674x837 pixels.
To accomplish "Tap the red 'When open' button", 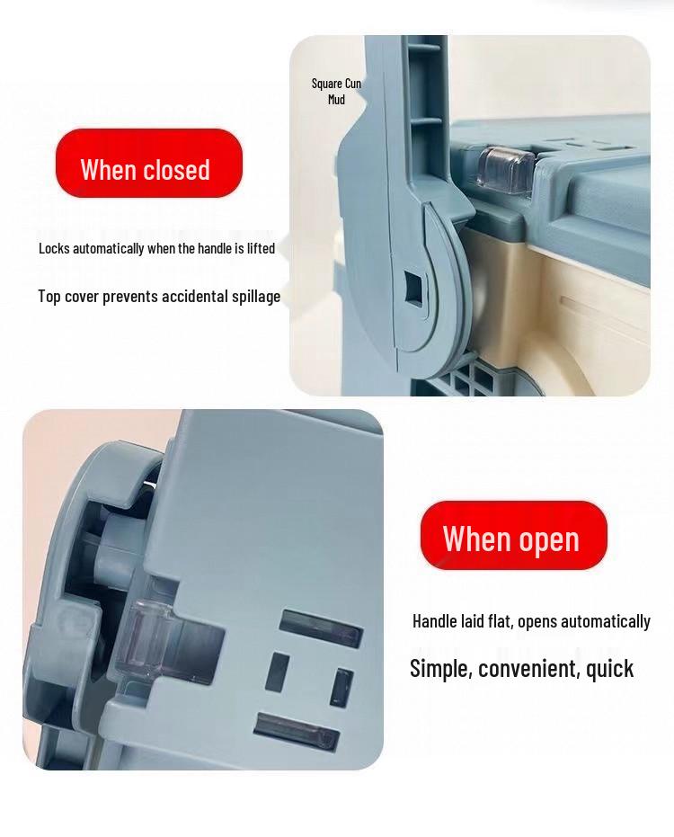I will pyautogui.click(x=513, y=536).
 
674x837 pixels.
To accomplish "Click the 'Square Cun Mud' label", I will pyautogui.click(x=336, y=91).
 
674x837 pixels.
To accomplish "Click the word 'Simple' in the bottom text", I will pyautogui.click(x=439, y=668).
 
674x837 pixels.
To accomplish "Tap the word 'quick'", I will pyautogui.click(x=610, y=668).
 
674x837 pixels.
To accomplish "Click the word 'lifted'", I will pyautogui.click(x=261, y=248).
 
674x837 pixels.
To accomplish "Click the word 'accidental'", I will pyautogui.click(x=197, y=297).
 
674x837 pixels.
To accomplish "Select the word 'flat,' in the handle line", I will pyautogui.click(x=501, y=621).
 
